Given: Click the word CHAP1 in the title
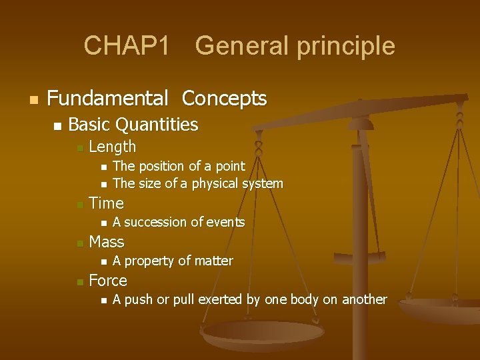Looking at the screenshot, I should pos(127,46).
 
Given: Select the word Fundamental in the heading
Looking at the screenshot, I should pos(107,99).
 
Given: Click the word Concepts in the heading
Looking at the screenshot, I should pos(224,99).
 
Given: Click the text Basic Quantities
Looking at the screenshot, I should pos(133,125).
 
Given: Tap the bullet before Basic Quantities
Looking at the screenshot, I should pos(57,125).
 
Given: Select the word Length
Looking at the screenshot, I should pos(112,147).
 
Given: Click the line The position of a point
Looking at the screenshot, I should pos(179,166).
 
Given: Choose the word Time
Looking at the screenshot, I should pos(106,203).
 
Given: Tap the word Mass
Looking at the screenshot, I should pos(106,241).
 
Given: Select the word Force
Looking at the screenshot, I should pos(107,280).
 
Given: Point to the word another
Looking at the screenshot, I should pos(364,299).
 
